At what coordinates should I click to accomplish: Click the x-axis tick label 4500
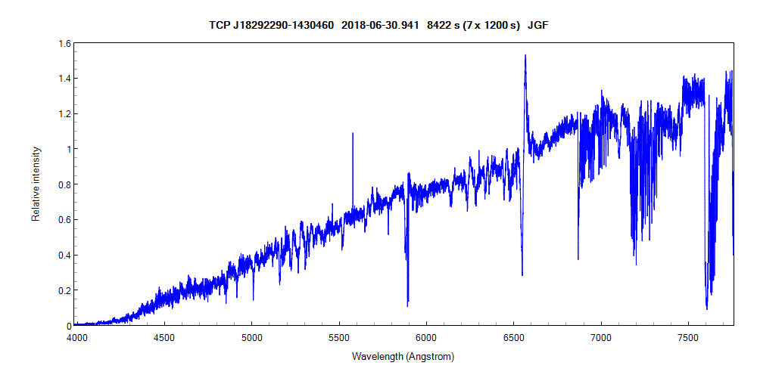(164, 336)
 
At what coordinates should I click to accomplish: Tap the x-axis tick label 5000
(251, 336)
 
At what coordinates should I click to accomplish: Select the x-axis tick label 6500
(514, 336)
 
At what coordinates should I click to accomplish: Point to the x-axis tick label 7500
(689, 336)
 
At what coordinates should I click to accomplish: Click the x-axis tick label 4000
(76, 336)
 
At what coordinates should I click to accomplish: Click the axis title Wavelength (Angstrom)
(403, 355)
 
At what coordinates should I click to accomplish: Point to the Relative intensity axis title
(36, 184)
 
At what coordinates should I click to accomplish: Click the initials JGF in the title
(538, 25)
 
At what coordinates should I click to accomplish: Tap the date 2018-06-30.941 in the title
(380, 25)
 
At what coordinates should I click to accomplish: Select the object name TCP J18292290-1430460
(271, 25)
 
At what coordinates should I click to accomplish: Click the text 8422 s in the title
(440, 25)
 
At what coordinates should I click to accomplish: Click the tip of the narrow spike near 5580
(353, 133)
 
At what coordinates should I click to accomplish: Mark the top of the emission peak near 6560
(525, 55)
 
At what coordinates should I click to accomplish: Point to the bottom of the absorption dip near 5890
(408, 305)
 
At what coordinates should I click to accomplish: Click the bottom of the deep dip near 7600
(707, 308)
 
